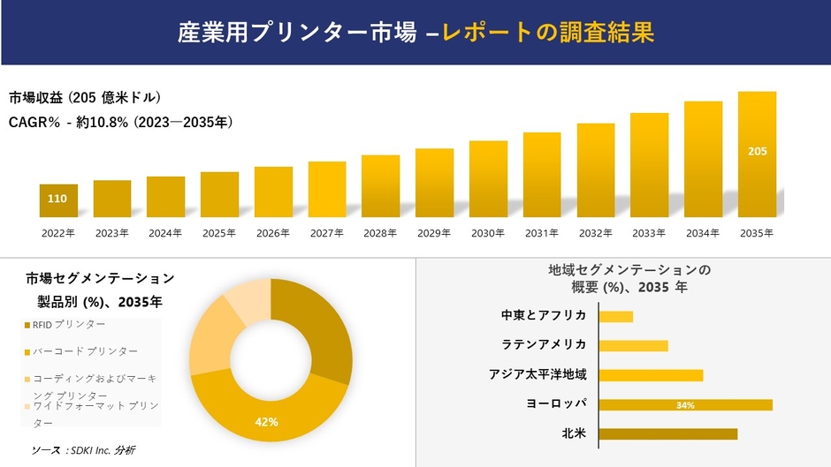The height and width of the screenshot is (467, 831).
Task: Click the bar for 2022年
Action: (58, 200)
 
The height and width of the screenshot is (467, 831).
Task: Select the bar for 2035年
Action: (757, 154)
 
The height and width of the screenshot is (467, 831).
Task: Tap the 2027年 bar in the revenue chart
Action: (327, 189)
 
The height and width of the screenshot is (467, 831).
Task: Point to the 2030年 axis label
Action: (488, 233)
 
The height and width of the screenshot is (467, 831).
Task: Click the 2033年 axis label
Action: (649, 233)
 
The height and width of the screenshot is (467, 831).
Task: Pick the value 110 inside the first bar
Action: (57, 199)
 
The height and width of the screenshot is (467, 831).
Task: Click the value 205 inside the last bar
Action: (757, 152)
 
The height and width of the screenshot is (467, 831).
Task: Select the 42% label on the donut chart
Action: (266, 422)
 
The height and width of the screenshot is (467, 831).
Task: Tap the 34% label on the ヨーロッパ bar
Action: (684, 405)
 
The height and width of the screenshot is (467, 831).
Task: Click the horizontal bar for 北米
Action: (667, 433)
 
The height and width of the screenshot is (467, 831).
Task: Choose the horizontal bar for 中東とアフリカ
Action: (615, 316)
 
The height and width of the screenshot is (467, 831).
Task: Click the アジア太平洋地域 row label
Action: (537, 374)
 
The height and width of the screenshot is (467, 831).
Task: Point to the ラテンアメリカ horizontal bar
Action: (633, 345)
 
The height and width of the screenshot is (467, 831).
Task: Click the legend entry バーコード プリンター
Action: (85, 351)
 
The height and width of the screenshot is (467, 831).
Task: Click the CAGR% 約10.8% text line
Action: (120, 123)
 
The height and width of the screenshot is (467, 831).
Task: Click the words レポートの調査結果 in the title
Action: (548, 34)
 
